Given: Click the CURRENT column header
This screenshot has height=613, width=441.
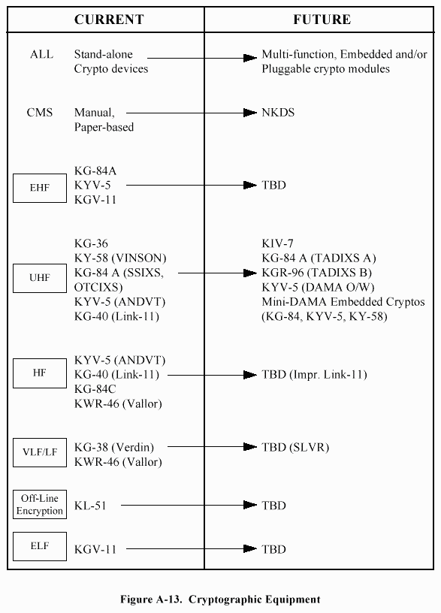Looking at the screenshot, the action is pos(109,20).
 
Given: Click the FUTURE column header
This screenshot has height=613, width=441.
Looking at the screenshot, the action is pos(322,20).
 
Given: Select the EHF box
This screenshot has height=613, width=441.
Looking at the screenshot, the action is pos(40,188).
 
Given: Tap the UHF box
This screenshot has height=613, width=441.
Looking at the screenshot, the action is pos(40,278).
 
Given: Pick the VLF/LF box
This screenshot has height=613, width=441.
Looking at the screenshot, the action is pos(40,452).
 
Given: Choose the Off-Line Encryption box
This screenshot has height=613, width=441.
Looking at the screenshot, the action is pos(40,504).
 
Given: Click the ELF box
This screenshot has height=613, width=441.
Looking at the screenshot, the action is pos(40,546).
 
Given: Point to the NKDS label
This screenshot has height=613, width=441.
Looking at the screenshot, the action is pos(278,113).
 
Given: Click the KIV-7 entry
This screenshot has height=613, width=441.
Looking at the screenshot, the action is pos(277,243).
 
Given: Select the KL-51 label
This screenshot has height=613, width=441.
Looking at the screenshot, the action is pos(90,506).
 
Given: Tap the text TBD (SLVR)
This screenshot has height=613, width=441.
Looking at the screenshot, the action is pos(295,447).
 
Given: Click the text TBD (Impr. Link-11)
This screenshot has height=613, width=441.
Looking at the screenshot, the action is pos(314,375).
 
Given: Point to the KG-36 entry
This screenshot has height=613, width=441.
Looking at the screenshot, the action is pos(91,243).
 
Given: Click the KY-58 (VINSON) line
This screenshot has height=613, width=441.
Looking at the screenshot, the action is pos(120,258).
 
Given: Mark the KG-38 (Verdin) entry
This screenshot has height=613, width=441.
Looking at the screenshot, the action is pos(114,447).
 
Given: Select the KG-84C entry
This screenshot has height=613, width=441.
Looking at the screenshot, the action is pos(95,389).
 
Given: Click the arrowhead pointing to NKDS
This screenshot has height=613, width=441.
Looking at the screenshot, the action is pos(250,113).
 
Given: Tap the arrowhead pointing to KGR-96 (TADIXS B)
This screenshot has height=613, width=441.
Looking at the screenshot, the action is pos(250,273).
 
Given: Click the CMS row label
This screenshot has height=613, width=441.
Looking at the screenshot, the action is pos(40,113).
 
